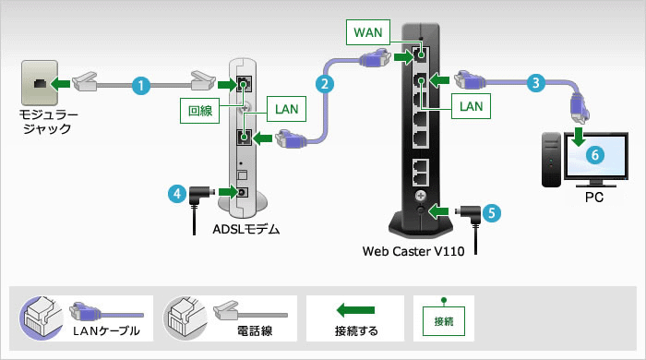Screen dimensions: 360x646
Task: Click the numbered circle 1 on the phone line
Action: (140, 85)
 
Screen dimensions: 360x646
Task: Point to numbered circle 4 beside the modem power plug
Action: (175, 194)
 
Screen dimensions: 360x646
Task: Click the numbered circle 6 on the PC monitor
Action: (596, 156)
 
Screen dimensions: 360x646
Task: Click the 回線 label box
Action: (200, 110)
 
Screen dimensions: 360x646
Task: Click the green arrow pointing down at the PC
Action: (579, 138)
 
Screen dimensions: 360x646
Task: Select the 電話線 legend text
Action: (237, 330)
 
